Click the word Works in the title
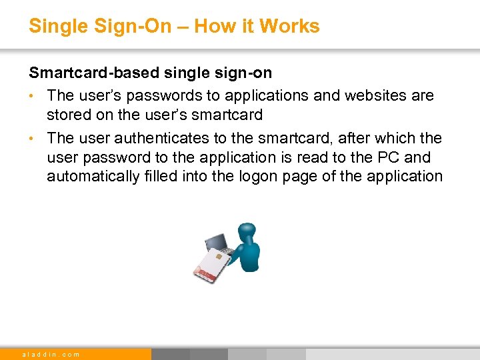[289, 26]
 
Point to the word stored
[69, 115]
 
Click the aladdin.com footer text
[51, 354]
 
